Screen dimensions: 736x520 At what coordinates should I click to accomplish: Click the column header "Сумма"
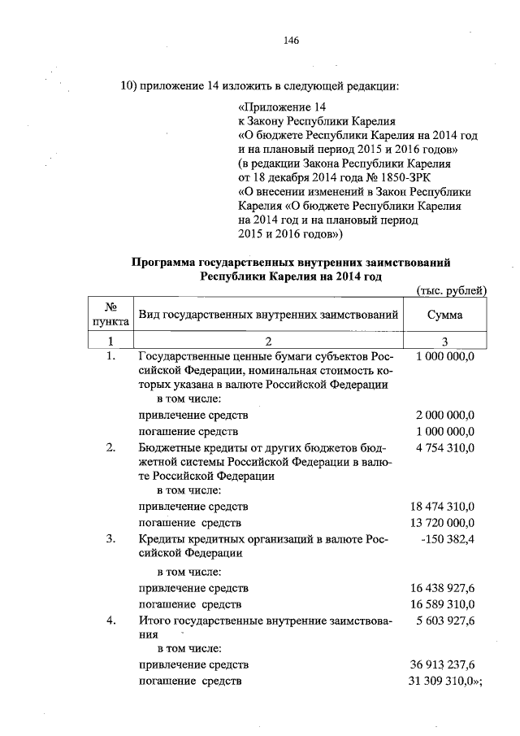[x=444, y=313]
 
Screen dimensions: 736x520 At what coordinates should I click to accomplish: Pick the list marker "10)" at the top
[x=128, y=86]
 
